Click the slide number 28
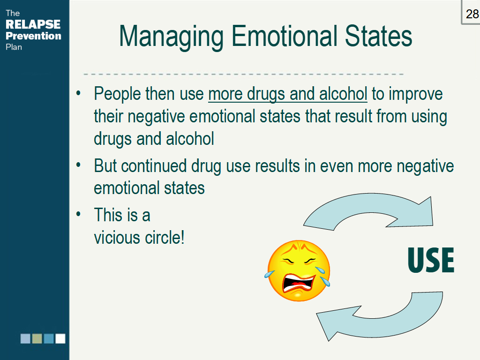tap(472, 14)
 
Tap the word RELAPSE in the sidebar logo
tap(33, 24)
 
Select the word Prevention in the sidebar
tap(33, 36)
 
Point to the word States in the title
tap(378, 36)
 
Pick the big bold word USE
tap(431, 260)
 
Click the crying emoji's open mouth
tap(298, 284)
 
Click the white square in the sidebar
tap(60, 338)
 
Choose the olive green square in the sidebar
tap(37, 338)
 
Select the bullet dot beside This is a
tap(78, 214)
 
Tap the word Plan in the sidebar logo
tap(14, 47)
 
